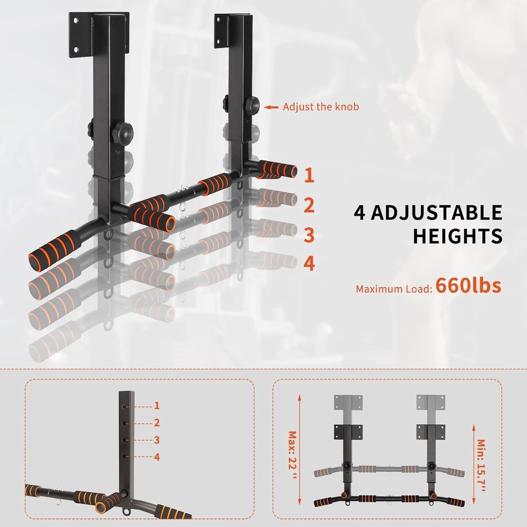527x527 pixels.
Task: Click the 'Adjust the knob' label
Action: pyautogui.click(x=320, y=107)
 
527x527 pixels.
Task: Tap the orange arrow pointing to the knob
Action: pyautogui.click(x=271, y=107)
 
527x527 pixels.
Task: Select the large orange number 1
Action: pyautogui.click(x=309, y=175)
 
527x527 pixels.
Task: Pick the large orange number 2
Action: pyautogui.click(x=309, y=206)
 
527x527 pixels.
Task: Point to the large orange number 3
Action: pyautogui.click(x=309, y=235)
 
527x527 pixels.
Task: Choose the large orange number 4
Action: pyautogui.click(x=309, y=263)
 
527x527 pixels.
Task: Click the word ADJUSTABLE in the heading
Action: pyautogui.click(x=436, y=213)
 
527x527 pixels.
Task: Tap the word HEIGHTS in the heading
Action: pyautogui.click(x=457, y=236)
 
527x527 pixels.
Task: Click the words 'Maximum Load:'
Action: pyautogui.click(x=394, y=289)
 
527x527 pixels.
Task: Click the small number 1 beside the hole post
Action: pyautogui.click(x=157, y=405)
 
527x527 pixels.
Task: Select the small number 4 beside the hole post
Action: pyautogui.click(x=157, y=457)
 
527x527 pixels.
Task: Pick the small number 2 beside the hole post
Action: pyautogui.click(x=157, y=423)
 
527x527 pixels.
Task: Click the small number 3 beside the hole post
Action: pyautogui.click(x=157, y=440)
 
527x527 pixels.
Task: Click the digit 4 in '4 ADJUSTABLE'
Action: pyautogui.click(x=360, y=213)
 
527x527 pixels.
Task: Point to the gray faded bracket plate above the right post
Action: pyautogui.click(x=432, y=403)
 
